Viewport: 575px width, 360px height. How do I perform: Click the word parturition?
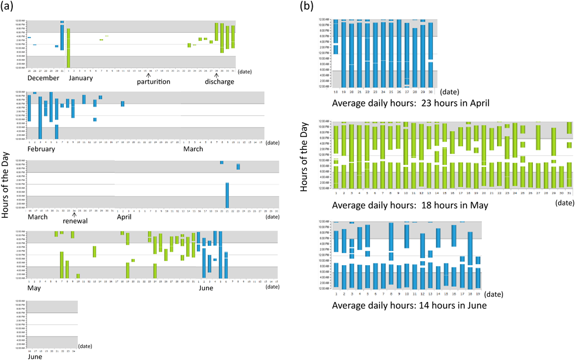[153, 82]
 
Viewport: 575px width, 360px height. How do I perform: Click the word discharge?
[219, 82]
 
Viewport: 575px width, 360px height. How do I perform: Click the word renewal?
[76, 221]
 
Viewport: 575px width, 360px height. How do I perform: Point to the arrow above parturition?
[149, 74]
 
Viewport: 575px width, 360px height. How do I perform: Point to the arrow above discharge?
[217, 74]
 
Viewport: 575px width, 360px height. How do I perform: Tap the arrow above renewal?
[74, 214]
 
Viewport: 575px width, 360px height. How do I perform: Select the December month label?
[43, 78]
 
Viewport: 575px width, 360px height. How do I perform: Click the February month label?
[42, 149]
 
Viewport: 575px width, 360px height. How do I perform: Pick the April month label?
[124, 217]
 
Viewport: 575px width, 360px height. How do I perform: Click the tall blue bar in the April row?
[227, 195]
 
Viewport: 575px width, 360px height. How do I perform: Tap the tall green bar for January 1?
[69, 47]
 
